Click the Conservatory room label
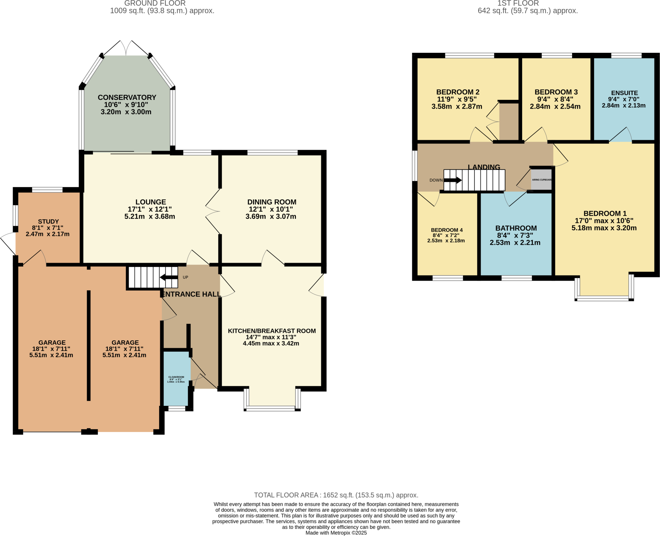pyautogui.click(x=127, y=97)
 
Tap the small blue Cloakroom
pyautogui.click(x=176, y=379)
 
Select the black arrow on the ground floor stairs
pyautogui.click(x=168, y=277)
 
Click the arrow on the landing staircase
pyautogui.click(x=453, y=180)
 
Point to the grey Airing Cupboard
pyautogui.click(x=541, y=180)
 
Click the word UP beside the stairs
pyautogui.click(x=185, y=277)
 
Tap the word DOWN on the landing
pyautogui.click(x=436, y=180)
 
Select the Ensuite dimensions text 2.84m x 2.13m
pyautogui.click(x=624, y=105)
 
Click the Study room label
pyautogui.click(x=48, y=221)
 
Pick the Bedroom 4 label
pyautogui.click(x=447, y=230)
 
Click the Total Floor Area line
pyautogui.click(x=336, y=495)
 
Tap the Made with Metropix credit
pyautogui.click(x=336, y=533)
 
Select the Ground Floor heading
pyautogui.click(x=155, y=4)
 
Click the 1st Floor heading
pyautogui.click(x=518, y=4)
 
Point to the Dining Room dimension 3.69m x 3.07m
pyautogui.click(x=271, y=216)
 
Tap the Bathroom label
pyautogui.click(x=516, y=228)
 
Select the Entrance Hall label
pyautogui.click(x=191, y=294)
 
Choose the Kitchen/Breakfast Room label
pyautogui.click(x=272, y=331)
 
